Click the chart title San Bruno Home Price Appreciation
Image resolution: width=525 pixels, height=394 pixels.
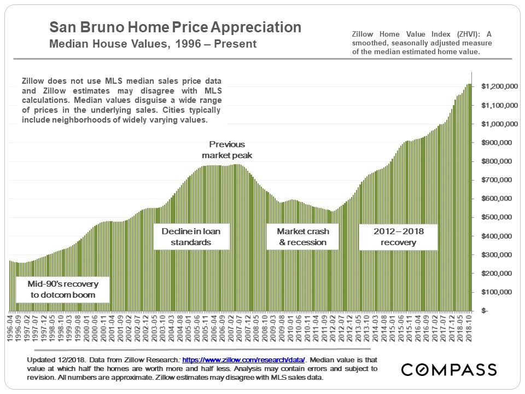click(175, 27)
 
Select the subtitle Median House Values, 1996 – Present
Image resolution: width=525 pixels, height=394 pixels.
click(153, 44)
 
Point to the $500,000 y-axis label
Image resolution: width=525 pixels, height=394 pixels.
click(498, 217)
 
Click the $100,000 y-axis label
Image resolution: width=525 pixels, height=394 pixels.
click(498, 292)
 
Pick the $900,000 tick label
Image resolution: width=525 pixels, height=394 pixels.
click(498, 143)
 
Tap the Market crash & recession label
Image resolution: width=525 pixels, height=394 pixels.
click(302, 236)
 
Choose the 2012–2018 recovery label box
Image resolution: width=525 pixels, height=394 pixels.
click(399, 236)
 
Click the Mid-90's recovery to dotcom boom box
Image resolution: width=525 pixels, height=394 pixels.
click(61, 289)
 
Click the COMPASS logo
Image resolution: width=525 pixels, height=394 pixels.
click(448, 369)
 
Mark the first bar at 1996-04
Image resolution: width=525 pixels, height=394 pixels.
click(10, 285)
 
